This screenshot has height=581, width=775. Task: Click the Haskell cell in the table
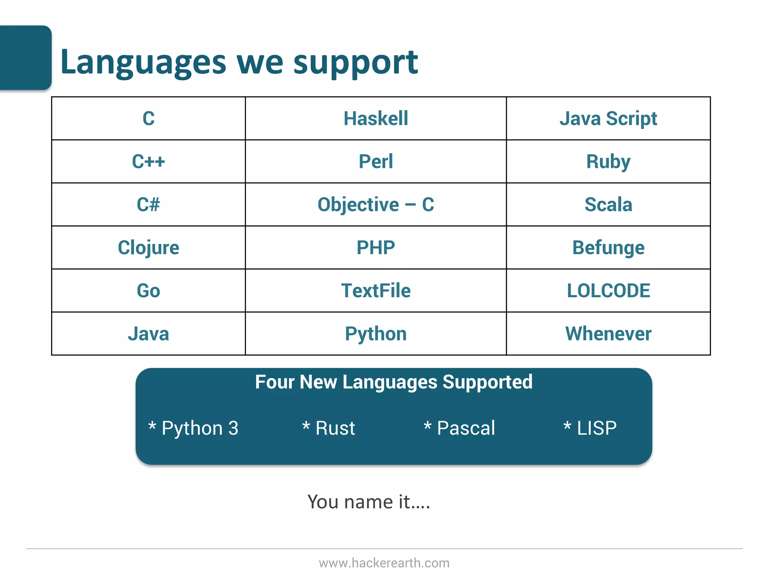point(376,118)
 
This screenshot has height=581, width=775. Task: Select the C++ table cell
point(148,162)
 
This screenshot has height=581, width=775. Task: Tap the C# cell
point(148,205)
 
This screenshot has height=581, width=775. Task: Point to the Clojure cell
point(148,248)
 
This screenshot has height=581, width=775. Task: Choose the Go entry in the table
point(148,291)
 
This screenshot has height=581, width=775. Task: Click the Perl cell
point(376,162)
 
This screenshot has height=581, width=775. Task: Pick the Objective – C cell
point(376,205)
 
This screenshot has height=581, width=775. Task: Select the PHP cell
point(376,248)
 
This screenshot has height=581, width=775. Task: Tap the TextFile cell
point(376,291)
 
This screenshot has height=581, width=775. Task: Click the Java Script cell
point(608,118)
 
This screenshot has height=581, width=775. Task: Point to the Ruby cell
point(608,162)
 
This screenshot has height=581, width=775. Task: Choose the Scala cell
point(608,205)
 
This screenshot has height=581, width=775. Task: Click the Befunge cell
point(608,248)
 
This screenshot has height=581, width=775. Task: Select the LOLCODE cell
point(608,291)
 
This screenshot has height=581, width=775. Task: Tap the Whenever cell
point(608,334)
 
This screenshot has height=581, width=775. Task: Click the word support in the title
point(355,63)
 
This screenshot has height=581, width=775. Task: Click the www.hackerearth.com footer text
point(384,563)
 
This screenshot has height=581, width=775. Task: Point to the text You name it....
point(369,502)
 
